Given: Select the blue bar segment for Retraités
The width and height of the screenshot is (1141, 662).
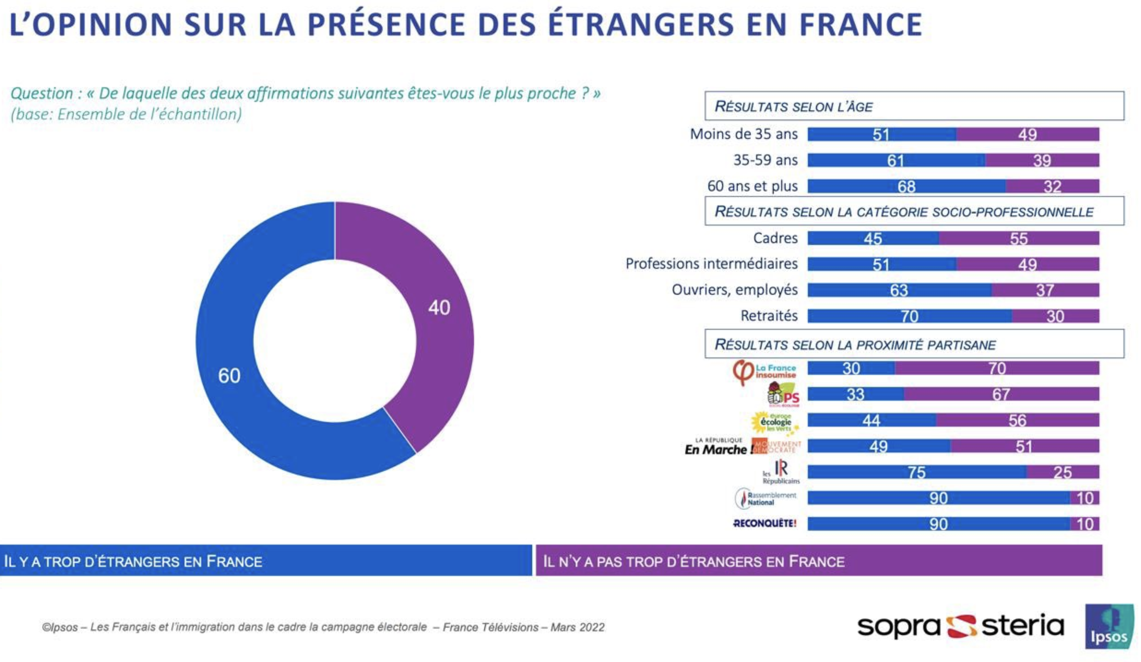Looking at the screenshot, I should point(909,316).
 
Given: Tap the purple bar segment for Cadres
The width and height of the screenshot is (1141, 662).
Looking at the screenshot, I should point(1019,238).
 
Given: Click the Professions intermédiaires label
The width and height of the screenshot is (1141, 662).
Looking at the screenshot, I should point(711,264).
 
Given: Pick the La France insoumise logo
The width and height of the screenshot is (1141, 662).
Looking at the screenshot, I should point(764,372).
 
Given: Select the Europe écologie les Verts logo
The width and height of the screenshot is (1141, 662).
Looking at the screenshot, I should point(775,422).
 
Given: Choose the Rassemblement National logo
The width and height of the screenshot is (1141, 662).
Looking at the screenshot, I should point(765,499).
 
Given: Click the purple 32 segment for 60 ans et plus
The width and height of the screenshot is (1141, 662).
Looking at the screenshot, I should point(1052,186).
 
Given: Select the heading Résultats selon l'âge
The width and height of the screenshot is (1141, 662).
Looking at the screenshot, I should point(793,107).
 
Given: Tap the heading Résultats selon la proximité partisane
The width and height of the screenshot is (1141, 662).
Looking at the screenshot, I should point(855,345).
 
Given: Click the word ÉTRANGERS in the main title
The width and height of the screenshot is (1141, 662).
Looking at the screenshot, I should point(641,24).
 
